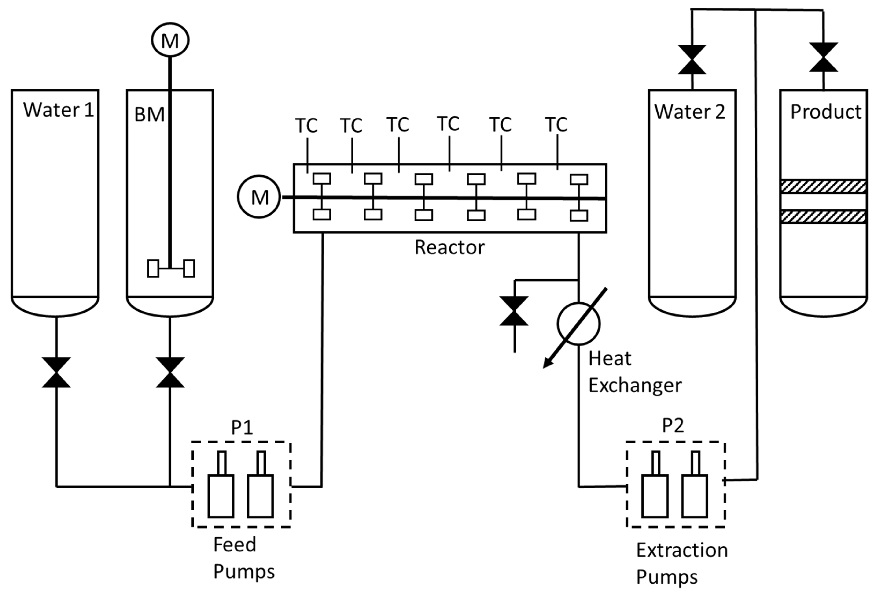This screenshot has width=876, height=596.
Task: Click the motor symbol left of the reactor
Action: click(259, 197)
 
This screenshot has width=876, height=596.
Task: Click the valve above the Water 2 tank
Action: click(692, 60)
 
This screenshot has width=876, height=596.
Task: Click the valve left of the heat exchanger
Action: click(514, 311)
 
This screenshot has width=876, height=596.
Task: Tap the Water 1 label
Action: click(59, 110)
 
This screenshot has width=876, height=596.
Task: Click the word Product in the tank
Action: click(825, 112)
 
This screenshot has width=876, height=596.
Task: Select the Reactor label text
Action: click(449, 247)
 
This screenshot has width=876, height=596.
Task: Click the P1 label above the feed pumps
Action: click(242, 427)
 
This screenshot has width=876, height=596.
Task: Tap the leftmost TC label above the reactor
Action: click(306, 126)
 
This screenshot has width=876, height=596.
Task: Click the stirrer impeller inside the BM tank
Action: click(171, 268)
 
